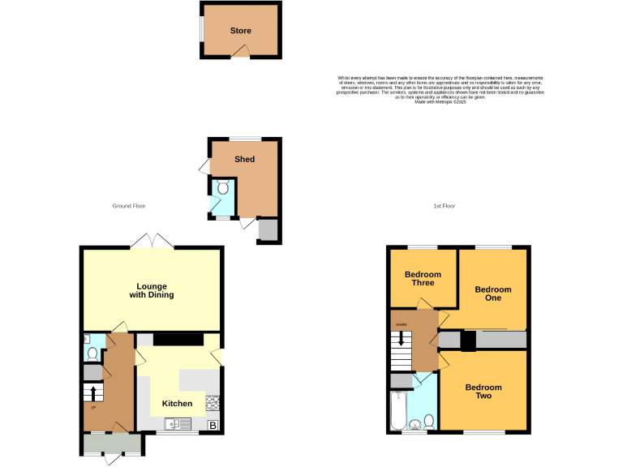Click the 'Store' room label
pos(240,31)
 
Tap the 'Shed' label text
pos(244,159)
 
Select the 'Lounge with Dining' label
pos(152,290)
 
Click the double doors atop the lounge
pos(152,241)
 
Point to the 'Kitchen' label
pos(177,403)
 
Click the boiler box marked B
pos(213,425)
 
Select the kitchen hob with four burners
pos(213,401)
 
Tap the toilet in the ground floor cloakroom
pos(92,353)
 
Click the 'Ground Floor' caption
pos(128,206)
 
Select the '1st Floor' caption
pos(444,206)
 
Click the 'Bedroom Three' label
pos(423,279)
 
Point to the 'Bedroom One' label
pos(493,293)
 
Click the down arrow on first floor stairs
pos(400,338)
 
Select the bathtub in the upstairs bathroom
pos(397,411)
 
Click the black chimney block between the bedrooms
pos(468,341)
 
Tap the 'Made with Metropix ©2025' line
pos(440,102)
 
